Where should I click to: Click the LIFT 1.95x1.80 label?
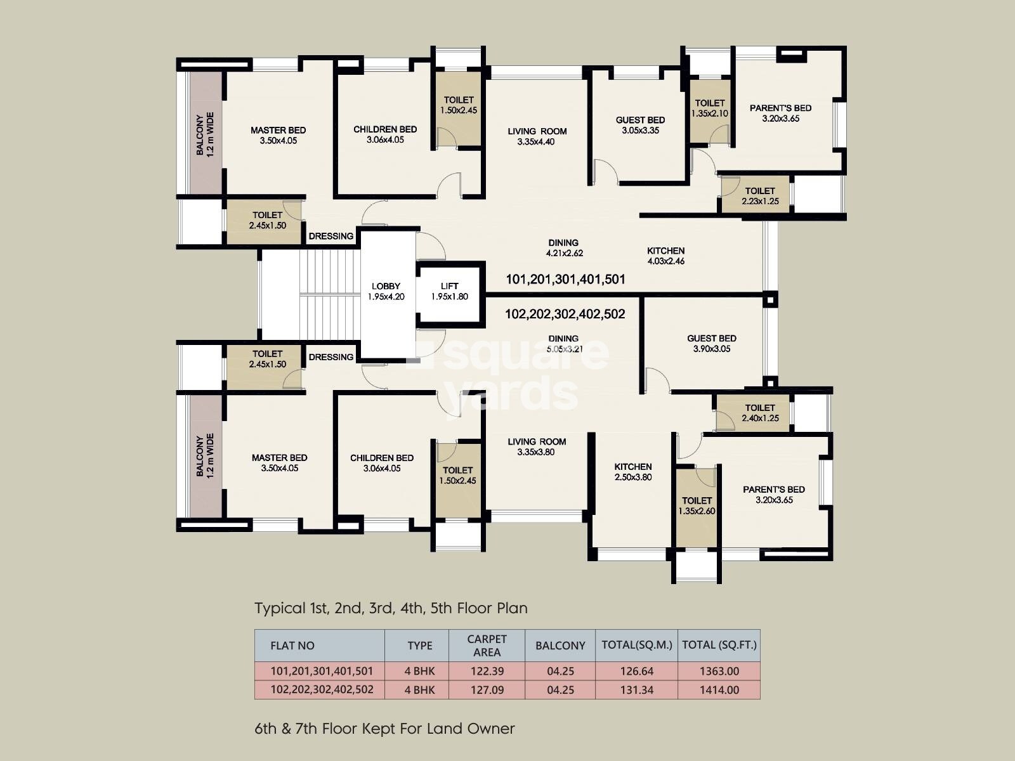[450, 292]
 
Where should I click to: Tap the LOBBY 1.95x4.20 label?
[386, 292]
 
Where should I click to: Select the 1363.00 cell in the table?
[719, 671]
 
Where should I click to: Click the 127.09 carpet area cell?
[487, 690]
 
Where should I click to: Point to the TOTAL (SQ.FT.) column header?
[719, 644]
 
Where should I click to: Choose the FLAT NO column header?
[292, 646]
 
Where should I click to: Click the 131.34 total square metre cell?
[637, 690]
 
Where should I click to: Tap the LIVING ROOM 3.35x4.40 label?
[537, 136]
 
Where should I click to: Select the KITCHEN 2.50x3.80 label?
[633, 472]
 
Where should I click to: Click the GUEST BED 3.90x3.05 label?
[712, 343]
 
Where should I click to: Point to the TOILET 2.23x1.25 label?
[760, 196]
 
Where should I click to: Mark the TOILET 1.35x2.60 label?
[697, 505]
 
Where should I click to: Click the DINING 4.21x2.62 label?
[564, 248]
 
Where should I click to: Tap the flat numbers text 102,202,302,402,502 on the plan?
[565, 314]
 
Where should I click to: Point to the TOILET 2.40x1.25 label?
[760, 413]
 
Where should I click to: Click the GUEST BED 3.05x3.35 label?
[641, 125]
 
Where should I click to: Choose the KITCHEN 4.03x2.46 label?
[666, 256]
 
